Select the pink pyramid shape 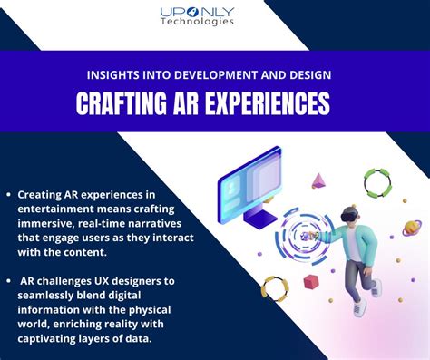[318, 180]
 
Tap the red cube [311, 282]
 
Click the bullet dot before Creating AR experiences [8, 195]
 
